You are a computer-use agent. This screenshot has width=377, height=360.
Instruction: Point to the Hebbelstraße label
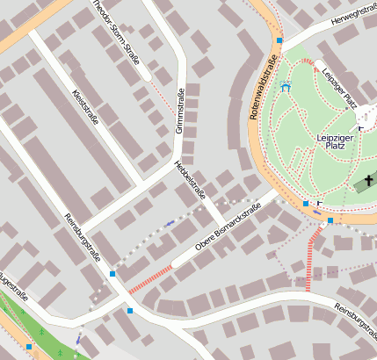pos(191,179)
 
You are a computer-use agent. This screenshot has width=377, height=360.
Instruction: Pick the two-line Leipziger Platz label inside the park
pos(335,142)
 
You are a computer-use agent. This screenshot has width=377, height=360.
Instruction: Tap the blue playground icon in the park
pos(285,87)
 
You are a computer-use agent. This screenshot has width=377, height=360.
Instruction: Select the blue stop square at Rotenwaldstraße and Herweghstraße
pos(279,40)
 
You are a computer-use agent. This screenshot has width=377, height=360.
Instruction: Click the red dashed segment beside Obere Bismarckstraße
pos(149,279)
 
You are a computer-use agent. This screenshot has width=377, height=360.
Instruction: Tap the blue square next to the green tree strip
pos(29,347)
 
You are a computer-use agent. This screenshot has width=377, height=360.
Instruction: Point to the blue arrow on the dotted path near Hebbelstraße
pos(169,224)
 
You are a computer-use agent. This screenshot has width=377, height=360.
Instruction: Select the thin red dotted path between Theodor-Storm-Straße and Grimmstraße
pos(160,97)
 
